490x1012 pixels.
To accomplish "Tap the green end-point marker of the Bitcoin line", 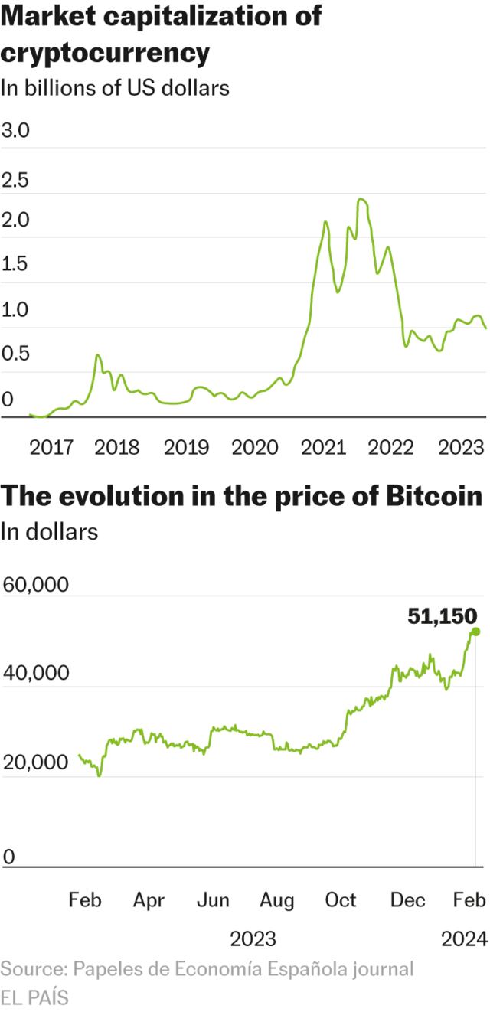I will pos(475,632).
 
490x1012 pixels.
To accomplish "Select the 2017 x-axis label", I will pos(51,447).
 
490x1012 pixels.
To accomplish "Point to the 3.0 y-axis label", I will pos(15,130).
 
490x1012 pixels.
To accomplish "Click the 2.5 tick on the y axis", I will pos(15,181).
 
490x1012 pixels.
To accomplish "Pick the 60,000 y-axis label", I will pos(36,585).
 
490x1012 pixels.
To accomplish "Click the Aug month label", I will pos(277,900).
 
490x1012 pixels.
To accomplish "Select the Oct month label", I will pos(341,900).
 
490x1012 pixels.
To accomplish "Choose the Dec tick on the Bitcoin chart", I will pos(407,900).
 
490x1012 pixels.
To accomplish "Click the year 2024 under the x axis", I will pos(465,938).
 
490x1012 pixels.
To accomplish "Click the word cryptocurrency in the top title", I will pos(105,53).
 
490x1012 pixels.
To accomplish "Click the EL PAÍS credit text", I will pos(34,997).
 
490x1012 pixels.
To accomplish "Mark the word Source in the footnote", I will pos(32,968).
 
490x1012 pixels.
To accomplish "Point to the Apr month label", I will pos(149,900).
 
